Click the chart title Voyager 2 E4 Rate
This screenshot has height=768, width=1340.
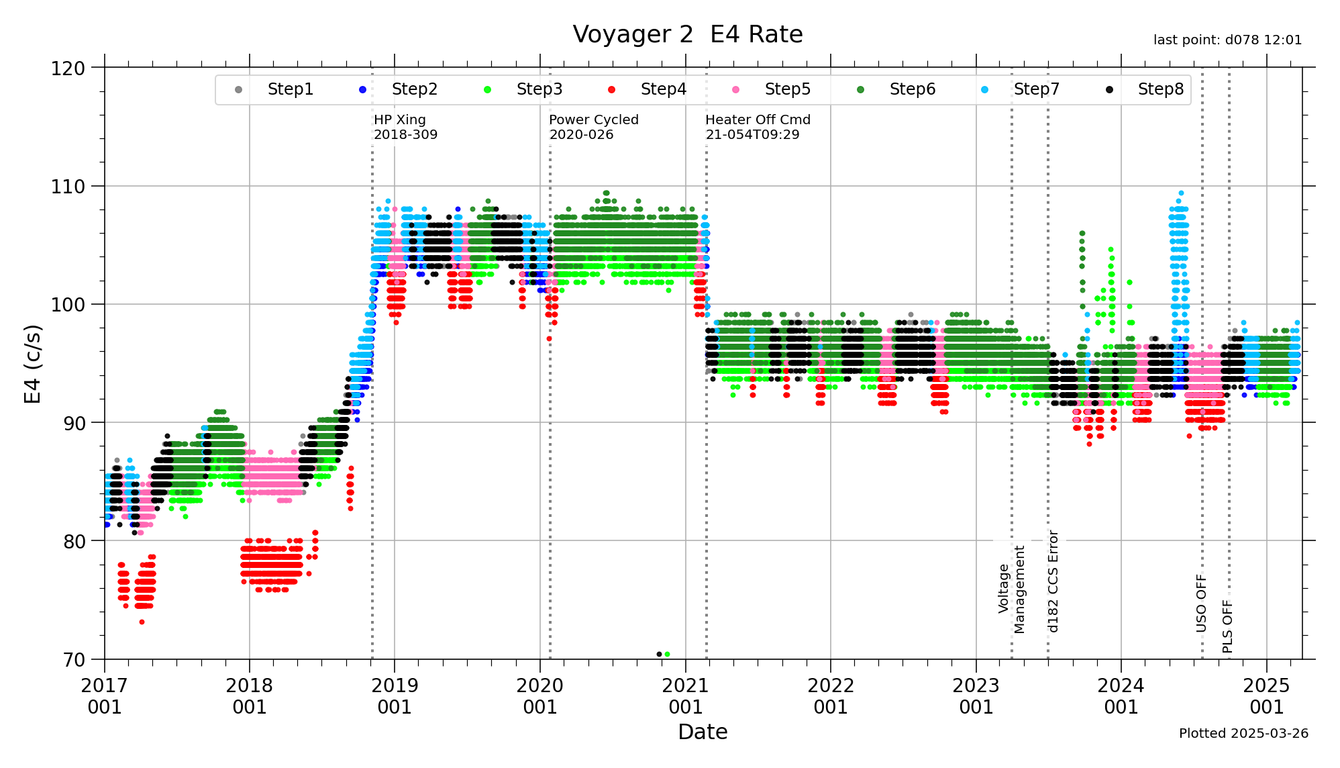click(x=687, y=34)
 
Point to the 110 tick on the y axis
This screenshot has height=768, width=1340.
click(x=68, y=187)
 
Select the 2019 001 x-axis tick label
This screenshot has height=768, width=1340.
click(x=395, y=696)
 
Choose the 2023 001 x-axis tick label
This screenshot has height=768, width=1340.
click(x=976, y=696)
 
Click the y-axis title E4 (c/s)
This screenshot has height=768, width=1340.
click(x=33, y=364)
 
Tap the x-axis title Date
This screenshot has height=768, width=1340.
click(x=703, y=732)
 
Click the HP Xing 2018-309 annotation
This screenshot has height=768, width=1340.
click(x=405, y=127)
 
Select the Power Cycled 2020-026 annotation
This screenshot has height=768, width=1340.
click(x=593, y=127)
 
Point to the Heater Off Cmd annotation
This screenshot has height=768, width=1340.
click(x=758, y=127)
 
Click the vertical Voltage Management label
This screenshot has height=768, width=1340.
click(x=1012, y=589)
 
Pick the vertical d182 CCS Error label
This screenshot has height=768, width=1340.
click(x=1053, y=581)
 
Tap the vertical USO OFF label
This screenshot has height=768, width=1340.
click(x=1201, y=603)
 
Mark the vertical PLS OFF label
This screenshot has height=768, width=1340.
click(x=1227, y=626)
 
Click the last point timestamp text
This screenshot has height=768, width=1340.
click(x=1227, y=40)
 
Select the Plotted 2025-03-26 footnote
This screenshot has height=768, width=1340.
click(x=1243, y=733)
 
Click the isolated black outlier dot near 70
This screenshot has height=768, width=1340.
click(x=659, y=654)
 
